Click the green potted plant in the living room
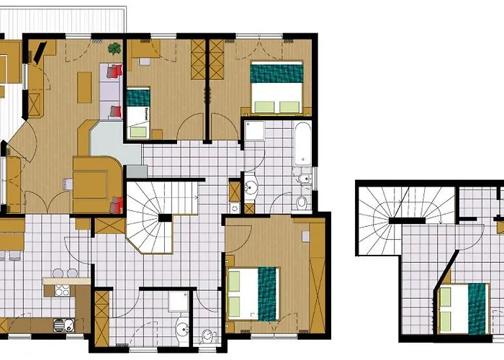(x=114, y=49)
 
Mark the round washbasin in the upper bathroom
(x=252, y=189)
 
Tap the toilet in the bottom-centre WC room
(x=207, y=334)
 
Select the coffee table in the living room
(x=85, y=86)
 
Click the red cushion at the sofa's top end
(x=117, y=71)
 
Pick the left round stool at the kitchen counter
(x=58, y=274)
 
